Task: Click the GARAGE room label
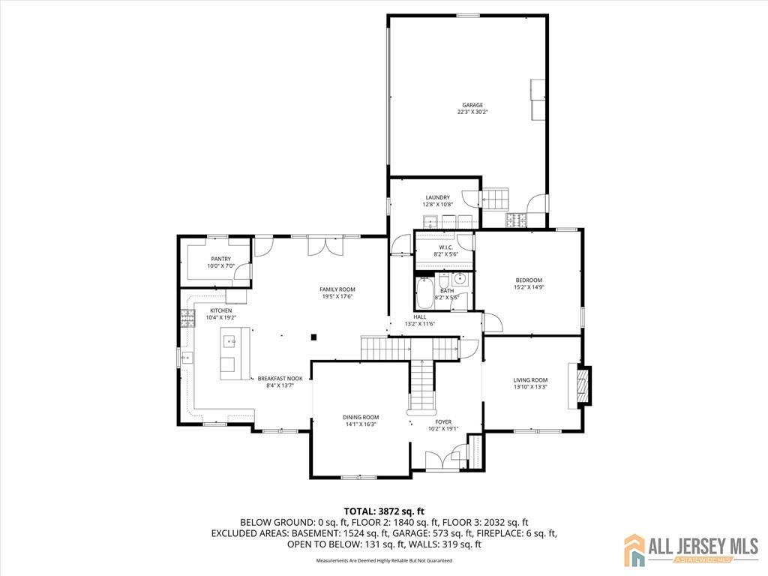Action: pyautogui.click(x=472, y=105)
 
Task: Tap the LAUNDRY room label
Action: pyautogui.click(x=437, y=197)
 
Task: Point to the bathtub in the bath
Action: pyautogui.click(x=425, y=295)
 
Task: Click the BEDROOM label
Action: pyautogui.click(x=528, y=280)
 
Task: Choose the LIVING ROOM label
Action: pyautogui.click(x=530, y=379)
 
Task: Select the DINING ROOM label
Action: pyautogui.click(x=361, y=417)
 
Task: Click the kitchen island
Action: pyautogui.click(x=228, y=352)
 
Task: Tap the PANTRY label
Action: pyautogui.click(x=220, y=259)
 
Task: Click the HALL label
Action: pyautogui.click(x=420, y=316)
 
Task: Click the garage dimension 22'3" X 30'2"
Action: pyautogui.click(x=472, y=112)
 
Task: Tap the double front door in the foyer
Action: pyautogui.click(x=443, y=460)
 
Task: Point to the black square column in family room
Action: pyautogui.click(x=315, y=337)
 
